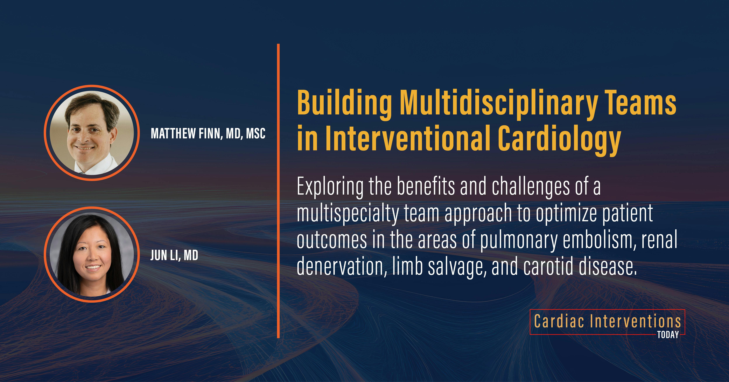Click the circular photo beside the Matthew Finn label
coord(92,133)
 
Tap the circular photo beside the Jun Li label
coord(92,254)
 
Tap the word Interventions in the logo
coord(636,321)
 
